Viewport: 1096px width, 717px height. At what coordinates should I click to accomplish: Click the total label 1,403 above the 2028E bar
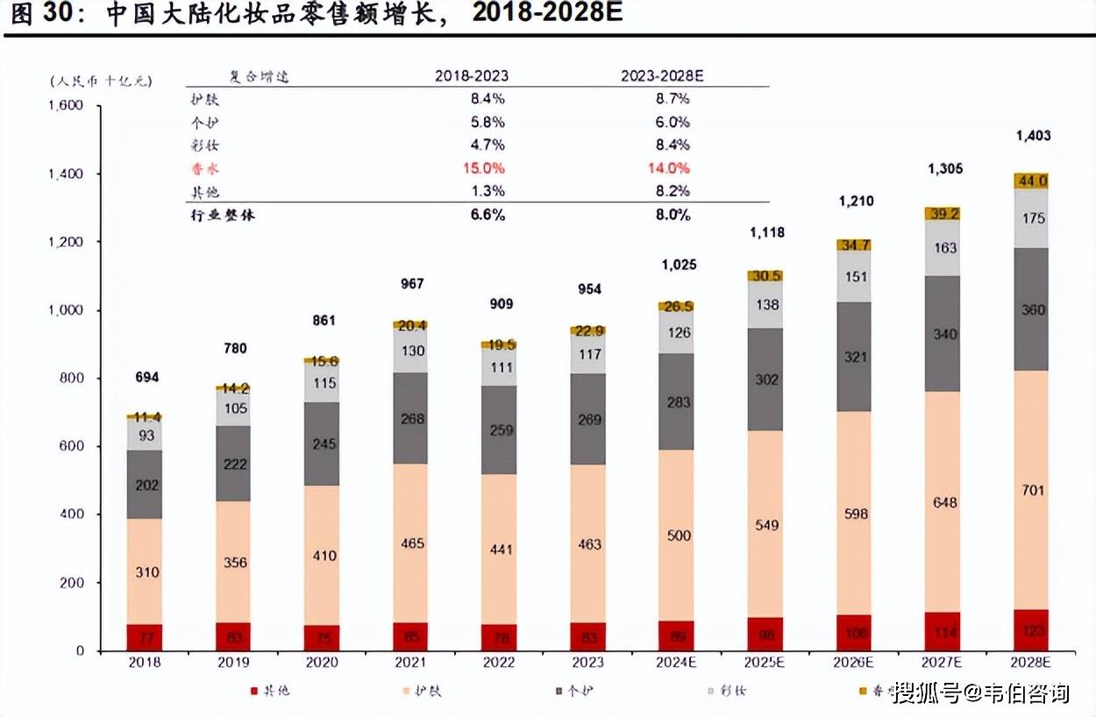tap(1032, 136)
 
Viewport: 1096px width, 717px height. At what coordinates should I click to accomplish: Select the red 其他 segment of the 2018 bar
tap(145, 637)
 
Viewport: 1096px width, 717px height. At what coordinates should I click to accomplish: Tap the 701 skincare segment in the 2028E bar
tap(1032, 490)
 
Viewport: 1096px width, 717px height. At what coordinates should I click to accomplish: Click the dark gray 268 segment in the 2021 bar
tap(411, 418)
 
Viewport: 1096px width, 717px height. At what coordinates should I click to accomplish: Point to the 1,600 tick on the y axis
tap(65, 106)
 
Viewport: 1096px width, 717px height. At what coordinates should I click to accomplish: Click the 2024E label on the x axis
tap(678, 663)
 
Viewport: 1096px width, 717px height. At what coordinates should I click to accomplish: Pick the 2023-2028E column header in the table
tap(662, 76)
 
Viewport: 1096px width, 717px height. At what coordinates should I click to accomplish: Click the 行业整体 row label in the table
tap(223, 215)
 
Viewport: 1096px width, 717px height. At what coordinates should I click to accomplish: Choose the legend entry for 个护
tap(580, 692)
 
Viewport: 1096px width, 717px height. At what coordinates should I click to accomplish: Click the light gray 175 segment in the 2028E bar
tap(1032, 218)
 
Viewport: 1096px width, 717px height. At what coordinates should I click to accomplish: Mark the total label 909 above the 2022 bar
tap(501, 304)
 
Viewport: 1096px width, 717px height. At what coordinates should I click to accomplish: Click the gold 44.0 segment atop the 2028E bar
tap(1032, 181)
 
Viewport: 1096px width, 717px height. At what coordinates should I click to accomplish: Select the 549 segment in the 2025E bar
tap(766, 525)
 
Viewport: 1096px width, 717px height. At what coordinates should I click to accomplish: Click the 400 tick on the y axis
tap(72, 515)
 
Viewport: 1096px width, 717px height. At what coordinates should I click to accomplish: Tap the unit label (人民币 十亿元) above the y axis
tap(101, 81)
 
